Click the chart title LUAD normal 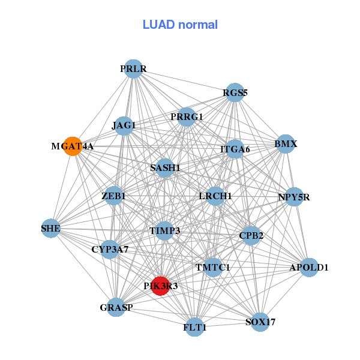pos(180,25)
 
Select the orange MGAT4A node pos(73,146)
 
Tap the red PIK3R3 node pos(160,286)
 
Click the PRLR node pos(133,69)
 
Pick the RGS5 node pos(235,92)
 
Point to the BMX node pos(286,144)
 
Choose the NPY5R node pos(293,197)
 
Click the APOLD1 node pos(308,267)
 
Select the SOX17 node pos(260,322)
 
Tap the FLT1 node pos(194,328)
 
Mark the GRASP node pos(116,308)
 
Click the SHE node pos(51,228)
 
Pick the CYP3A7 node pos(110,249)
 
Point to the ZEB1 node pos(113,196)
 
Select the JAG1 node pos(124,126)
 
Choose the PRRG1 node pos(187,116)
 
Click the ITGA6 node pos(235,149)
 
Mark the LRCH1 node pos(215,196)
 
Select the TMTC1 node pos(212,267)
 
